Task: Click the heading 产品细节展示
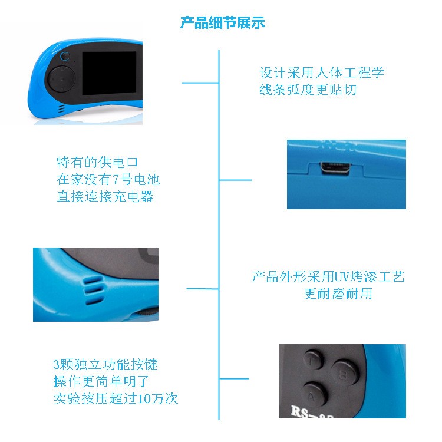click(x=222, y=22)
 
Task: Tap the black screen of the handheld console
click(x=109, y=73)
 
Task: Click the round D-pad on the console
click(x=62, y=79)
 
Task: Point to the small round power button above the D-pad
click(x=65, y=56)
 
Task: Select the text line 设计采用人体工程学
click(x=322, y=72)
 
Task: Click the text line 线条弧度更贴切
click(x=308, y=90)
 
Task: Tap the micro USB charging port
click(x=335, y=168)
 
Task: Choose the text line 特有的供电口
click(x=97, y=162)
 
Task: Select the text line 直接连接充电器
click(x=104, y=196)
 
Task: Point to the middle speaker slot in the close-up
click(x=94, y=290)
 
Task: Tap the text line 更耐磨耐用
click(x=338, y=293)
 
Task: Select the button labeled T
click(x=312, y=360)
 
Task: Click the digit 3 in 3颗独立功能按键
click(x=57, y=365)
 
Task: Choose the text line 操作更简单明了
click(x=101, y=382)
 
